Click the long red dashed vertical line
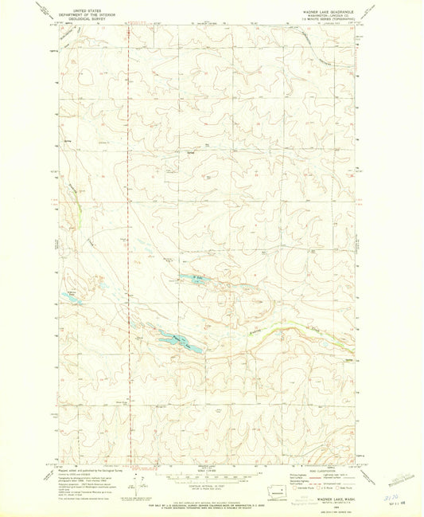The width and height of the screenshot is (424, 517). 130,239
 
